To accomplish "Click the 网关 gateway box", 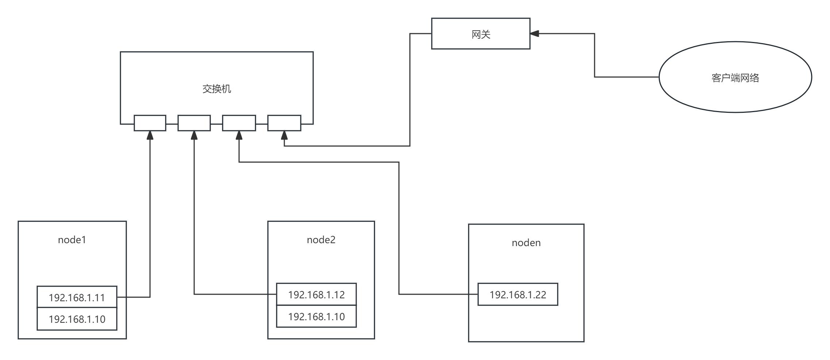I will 480,34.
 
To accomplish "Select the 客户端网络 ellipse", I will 735,77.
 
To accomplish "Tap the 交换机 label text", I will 217,89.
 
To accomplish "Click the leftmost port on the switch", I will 150,123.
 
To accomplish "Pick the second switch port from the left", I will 194,123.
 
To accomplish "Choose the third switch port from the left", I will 239,123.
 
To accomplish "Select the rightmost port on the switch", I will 284,123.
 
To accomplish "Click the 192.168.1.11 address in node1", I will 77,298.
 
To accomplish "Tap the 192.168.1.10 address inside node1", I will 77,319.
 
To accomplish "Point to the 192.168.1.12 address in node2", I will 316,295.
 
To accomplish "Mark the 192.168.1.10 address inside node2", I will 316,317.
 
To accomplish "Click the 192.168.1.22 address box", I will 518,295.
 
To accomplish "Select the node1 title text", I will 72,240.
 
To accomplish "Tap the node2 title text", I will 321,240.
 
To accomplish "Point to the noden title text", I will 526,243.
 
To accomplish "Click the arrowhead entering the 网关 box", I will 535,34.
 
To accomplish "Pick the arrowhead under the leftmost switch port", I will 150,135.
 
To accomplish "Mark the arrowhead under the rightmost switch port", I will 284,135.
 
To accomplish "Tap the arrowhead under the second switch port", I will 194,135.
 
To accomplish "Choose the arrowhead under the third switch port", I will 239,135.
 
